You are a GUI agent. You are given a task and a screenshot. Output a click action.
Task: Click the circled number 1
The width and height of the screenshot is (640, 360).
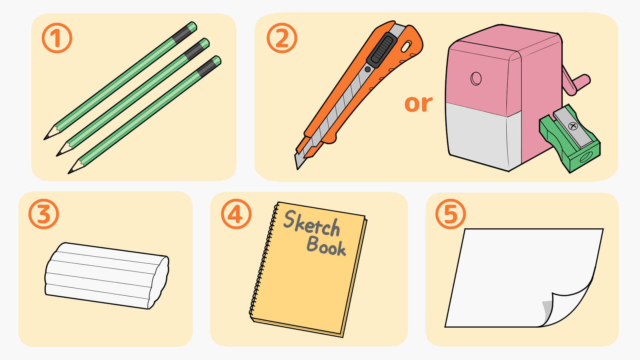pos(57,38)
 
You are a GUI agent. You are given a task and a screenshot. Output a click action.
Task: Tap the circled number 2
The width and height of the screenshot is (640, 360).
pos(282,38)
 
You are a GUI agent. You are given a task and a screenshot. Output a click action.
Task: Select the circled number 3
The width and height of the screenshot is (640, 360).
pos(44,214)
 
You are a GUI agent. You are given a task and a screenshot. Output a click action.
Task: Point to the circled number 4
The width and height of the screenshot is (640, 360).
pos(236,214)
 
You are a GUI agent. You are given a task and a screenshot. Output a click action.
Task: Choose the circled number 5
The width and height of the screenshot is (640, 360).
pos(451,214)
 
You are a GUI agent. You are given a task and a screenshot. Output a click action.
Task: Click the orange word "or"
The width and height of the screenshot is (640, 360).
pos(419,104)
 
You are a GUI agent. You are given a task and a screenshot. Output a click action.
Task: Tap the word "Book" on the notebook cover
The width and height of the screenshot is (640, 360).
pos(326,246)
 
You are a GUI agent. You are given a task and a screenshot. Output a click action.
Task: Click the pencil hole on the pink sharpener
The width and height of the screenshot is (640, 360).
pos(476,79)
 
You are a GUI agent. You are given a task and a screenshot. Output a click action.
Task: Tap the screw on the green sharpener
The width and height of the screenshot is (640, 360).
pos(573,126)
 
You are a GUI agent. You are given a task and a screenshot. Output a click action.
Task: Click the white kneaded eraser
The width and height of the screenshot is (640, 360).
pos(107,276)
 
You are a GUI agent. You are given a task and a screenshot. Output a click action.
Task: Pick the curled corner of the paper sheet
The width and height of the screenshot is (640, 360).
pos(567,307)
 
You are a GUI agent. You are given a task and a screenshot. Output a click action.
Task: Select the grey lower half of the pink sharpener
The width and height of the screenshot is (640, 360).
pos(483,135)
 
